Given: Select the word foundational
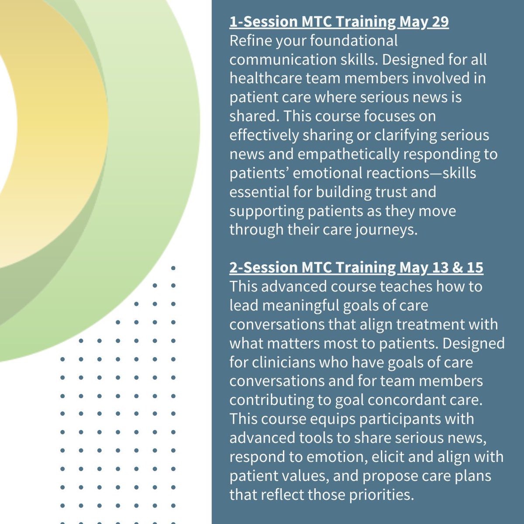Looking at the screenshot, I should [x=354, y=41].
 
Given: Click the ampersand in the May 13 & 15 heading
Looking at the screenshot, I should [x=459, y=267].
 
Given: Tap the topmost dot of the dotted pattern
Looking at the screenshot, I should [x=173, y=268].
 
